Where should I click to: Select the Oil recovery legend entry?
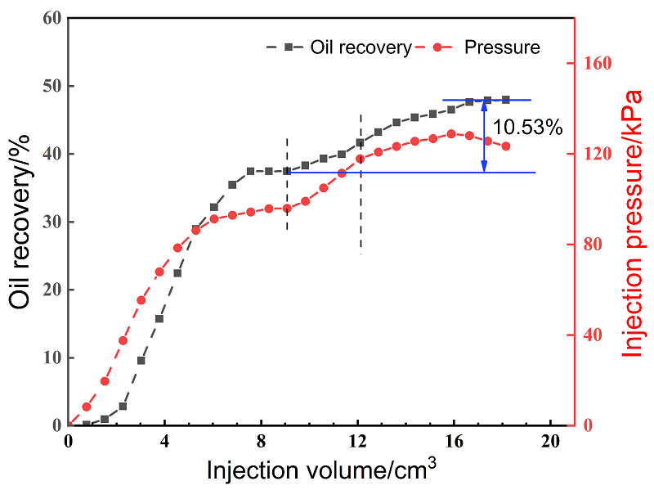click(360, 47)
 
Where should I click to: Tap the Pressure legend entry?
click(501, 47)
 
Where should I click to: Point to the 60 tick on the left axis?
click(50, 18)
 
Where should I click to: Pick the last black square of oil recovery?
click(506, 100)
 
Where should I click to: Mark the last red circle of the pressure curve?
click(506, 146)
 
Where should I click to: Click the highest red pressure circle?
click(451, 133)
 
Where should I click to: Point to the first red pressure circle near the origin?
click(87, 407)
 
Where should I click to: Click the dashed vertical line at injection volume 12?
click(361, 184)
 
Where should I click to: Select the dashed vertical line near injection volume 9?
click(287, 184)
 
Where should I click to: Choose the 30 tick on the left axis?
click(50, 222)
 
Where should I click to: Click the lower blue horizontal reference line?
click(409, 173)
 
